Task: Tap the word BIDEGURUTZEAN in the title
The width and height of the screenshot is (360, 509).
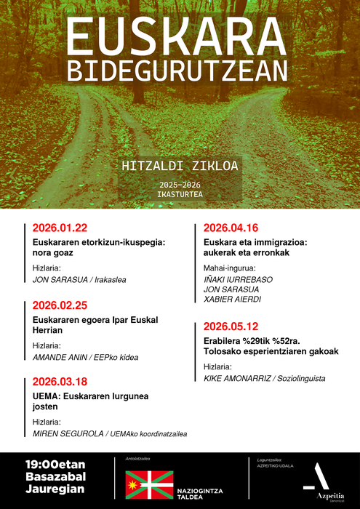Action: pos(177,71)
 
